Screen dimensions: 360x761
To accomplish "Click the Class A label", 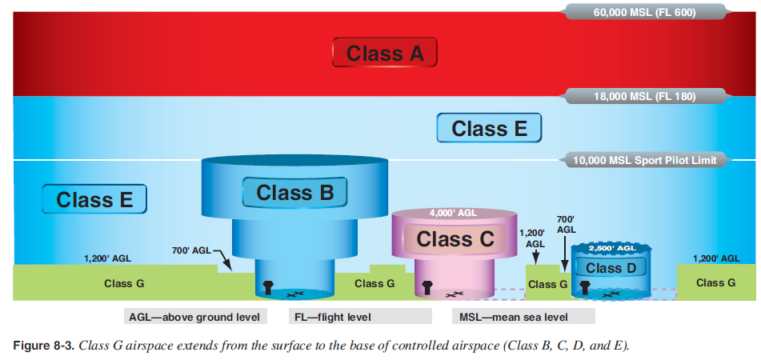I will point(385,54).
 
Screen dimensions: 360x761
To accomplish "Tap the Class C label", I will point(455,238).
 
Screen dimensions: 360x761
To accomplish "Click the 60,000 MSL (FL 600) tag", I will point(645,12).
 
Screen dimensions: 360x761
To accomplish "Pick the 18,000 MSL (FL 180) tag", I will point(645,97).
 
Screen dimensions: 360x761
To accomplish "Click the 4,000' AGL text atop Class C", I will point(454,213).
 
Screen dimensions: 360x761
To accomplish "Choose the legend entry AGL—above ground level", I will point(194,317).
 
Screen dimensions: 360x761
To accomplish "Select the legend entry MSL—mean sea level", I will point(514,317).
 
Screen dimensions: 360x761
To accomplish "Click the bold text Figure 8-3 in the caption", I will point(43,346).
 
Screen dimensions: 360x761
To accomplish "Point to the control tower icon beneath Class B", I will point(268,286).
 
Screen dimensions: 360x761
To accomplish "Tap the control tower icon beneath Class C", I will point(427,286).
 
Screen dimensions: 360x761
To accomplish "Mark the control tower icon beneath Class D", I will point(585,286).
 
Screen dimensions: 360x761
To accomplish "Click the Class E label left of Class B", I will point(94,199).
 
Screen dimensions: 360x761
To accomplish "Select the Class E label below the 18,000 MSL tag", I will point(489,128).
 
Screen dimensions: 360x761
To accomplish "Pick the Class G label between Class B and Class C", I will point(374,283).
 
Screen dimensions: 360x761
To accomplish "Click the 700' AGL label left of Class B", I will point(191,251).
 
